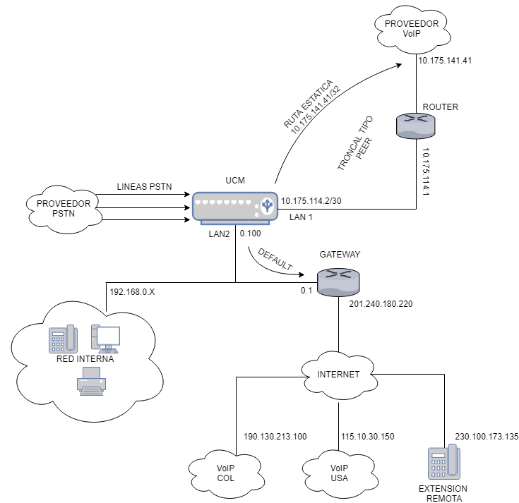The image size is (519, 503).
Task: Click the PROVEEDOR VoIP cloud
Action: tap(411, 29)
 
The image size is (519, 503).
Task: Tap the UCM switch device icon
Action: tap(234, 205)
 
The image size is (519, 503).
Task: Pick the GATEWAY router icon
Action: tap(338, 282)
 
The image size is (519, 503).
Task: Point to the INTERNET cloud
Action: tap(339, 374)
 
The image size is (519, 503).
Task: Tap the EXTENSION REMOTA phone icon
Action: tap(442, 463)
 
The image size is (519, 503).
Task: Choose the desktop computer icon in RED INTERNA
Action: tap(105, 339)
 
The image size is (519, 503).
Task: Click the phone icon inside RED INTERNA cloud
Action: tap(62, 339)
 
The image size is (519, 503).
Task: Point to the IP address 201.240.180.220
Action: tap(381, 304)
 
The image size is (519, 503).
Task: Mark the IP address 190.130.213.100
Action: tap(275, 437)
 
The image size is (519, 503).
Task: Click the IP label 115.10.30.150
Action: tap(368, 437)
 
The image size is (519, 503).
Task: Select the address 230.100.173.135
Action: tap(487, 437)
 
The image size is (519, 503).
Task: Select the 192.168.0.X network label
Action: tap(132, 290)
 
